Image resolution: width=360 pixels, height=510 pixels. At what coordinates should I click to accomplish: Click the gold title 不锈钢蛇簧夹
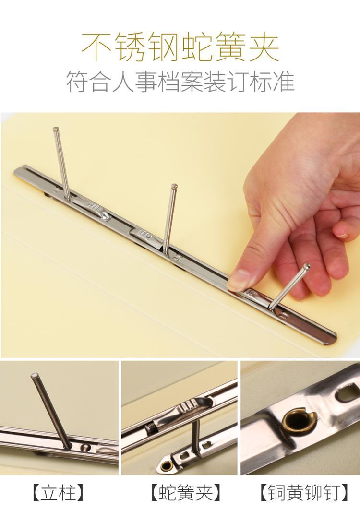[180, 47]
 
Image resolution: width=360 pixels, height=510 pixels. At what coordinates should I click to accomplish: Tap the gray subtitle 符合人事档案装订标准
[180, 81]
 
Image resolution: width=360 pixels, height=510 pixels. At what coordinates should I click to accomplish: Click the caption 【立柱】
[59, 493]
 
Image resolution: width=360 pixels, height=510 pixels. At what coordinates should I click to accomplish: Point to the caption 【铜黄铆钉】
[305, 493]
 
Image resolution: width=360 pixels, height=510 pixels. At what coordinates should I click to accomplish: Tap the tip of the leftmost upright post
[56, 129]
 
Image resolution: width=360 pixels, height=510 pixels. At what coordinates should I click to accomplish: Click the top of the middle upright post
[174, 186]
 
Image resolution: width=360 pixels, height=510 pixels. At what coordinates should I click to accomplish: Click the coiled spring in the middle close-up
[151, 428]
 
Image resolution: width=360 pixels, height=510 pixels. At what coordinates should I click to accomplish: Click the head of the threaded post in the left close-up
[34, 376]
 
